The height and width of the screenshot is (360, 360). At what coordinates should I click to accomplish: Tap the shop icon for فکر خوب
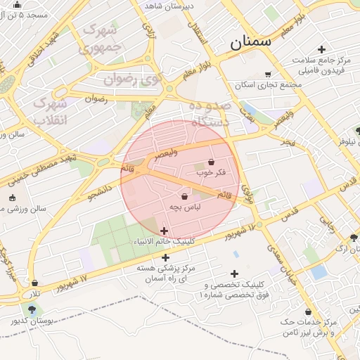[x=211, y=162]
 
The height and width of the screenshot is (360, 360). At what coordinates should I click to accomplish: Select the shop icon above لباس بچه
[x=184, y=196]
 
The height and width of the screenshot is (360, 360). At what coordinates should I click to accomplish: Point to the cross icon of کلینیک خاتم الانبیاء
[x=164, y=231]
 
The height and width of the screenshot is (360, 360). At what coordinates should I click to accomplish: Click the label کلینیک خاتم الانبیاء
[x=164, y=241]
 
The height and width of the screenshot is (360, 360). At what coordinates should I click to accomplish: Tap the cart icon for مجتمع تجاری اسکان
[x=267, y=74]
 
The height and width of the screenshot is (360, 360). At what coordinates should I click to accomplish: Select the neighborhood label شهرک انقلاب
[x=50, y=111]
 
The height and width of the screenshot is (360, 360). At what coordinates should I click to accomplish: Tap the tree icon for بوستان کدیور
[x=31, y=309]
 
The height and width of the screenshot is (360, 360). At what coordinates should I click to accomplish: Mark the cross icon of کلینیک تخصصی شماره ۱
[x=234, y=274]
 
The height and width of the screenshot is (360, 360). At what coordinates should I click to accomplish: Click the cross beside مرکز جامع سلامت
[x=321, y=49]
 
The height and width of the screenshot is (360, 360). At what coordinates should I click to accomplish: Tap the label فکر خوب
[x=212, y=172]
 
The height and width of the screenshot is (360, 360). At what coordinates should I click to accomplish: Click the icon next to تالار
[x=34, y=283]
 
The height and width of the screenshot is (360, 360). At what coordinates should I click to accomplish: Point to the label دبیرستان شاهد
[x=169, y=6]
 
